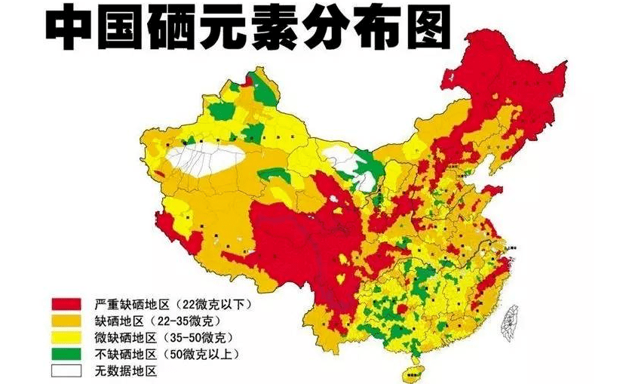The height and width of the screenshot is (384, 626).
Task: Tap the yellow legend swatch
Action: pyautogui.click(x=66, y=337)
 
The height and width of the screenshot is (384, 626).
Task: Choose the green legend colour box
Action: pyautogui.click(x=66, y=354)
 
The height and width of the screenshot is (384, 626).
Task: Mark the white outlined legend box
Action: pyautogui.click(x=66, y=370)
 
